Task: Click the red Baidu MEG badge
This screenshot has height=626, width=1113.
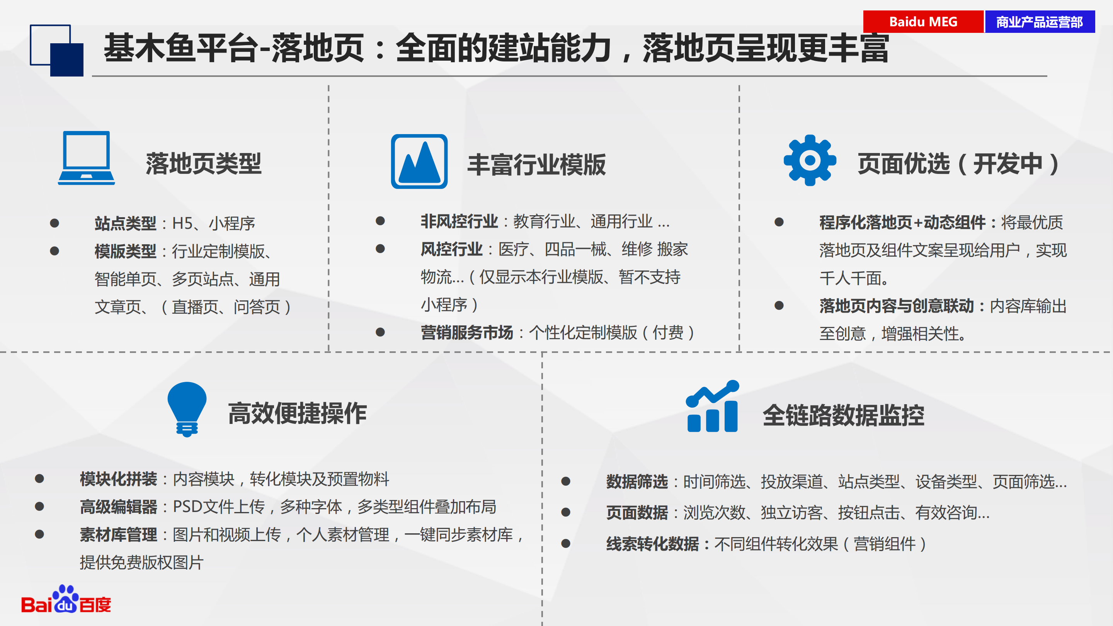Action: [x=923, y=22]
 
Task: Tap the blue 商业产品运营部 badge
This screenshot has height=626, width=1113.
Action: [x=1040, y=22]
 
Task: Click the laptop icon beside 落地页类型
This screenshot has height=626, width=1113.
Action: [x=87, y=158]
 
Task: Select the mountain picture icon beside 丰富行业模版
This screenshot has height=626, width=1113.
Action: [x=419, y=161]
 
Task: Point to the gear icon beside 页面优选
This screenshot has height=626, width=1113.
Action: [x=810, y=160]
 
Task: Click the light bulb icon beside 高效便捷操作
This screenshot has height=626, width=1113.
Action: [x=187, y=409]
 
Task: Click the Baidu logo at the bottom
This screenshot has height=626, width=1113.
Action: [x=66, y=599]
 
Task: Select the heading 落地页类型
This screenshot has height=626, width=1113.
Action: [x=204, y=164]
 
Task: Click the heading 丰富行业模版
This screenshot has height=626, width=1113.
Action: [x=537, y=165]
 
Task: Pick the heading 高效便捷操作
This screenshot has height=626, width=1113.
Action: [x=297, y=413]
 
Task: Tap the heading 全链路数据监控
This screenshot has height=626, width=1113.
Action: [x=843, y=416]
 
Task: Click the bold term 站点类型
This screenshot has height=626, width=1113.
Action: [x=125, y=223]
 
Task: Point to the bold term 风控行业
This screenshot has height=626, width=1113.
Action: [x=451, y=249]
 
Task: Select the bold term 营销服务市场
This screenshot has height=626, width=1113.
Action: [x=467, y=333]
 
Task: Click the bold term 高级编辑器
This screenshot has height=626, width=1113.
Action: [x=118, y=507]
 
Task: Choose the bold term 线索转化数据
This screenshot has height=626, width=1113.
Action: [x=652, y=544]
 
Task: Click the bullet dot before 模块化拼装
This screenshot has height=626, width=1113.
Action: [x=39, y=478]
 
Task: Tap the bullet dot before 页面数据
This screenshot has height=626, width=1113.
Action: [x=565, y=512]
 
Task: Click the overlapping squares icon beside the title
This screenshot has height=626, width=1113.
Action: [x=56, y=51]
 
